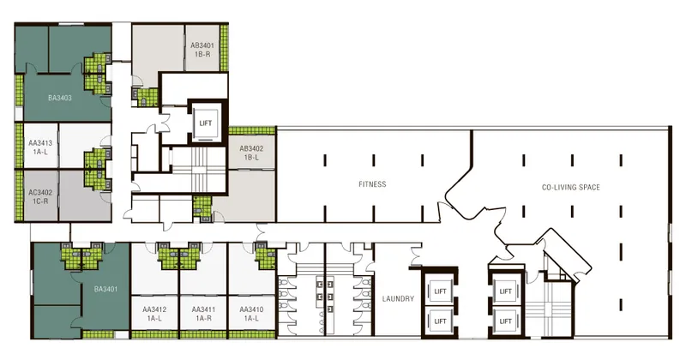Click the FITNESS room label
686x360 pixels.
click(x=372, y=184)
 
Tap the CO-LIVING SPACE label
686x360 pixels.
click(x=570, y=187)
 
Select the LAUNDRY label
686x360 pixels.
click(x=398, y=299)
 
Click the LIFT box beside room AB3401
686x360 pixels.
click(x=205, y=123)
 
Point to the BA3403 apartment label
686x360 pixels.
click(x=60, y=98)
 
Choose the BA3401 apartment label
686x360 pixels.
click(x=105, y=289)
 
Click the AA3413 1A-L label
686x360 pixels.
click(x=40, y=147)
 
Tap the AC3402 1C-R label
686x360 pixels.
click(x=40, y=196)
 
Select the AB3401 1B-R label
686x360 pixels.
click(x=202, y=50)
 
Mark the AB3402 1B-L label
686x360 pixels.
click(x=251, y=153)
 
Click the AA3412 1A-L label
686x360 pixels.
click(x=154, y=314)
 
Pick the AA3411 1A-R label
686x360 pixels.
click(x=203, y=314)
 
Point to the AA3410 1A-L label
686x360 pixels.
click(x=251, y=314)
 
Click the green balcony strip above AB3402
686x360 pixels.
click(x=251, y=130)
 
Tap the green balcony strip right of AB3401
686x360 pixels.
click(x=224, y=48)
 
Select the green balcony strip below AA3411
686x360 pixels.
click(x=203, y=334)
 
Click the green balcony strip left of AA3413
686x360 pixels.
click(x=19, y=145)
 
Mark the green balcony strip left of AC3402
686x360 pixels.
click(x=19, y=195)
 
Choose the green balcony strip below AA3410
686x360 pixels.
click(x=252, y=334)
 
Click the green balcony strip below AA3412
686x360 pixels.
click(x=155, y=334)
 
